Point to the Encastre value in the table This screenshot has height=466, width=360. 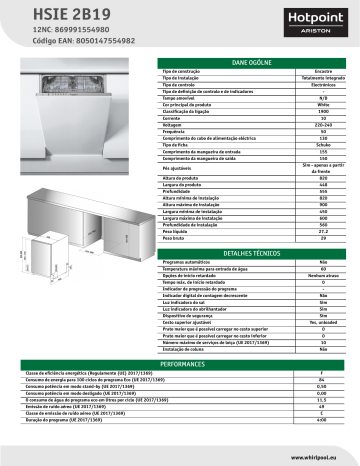(x=323, y=73)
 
